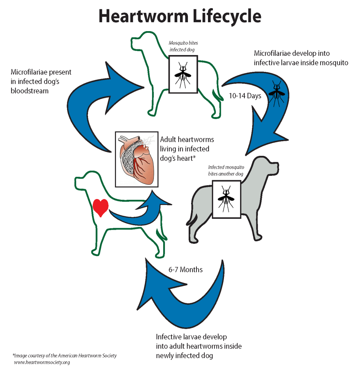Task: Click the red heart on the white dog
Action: point(101,207)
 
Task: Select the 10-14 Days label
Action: point(245,96)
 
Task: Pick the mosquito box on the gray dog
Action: point(226,199)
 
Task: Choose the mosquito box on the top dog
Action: point(183,74)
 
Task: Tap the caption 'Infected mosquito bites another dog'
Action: point(226,170)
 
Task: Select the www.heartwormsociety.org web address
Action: point(42,362)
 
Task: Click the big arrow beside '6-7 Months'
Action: point(186,297)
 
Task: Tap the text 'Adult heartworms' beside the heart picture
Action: point(187,139)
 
